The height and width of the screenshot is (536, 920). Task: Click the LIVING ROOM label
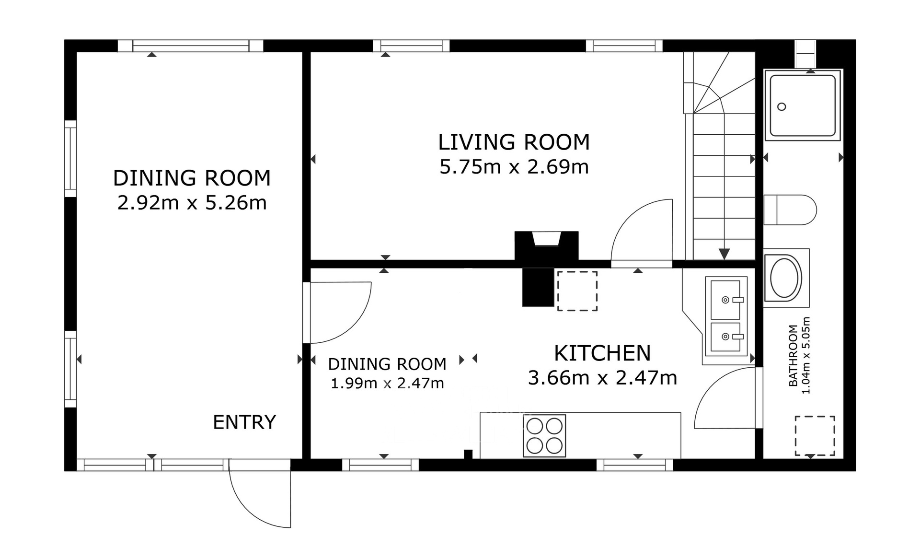pos(514,142)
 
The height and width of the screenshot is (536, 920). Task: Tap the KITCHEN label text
pos(602,353)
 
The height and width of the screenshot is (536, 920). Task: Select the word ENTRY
pos(244,422)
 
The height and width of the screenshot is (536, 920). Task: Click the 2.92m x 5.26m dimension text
pos(192,203)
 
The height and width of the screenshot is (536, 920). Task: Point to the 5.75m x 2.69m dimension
pos(514,167)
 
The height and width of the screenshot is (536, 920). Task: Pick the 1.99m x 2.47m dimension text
pos(387,384)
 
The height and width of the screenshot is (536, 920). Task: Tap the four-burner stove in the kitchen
pos(544,436)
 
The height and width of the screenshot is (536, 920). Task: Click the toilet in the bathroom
pos(790,210)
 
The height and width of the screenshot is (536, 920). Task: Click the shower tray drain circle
pos(782,107)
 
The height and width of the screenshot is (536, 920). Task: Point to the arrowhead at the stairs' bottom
pos(724,254)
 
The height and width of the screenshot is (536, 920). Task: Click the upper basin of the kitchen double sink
pos(725,300)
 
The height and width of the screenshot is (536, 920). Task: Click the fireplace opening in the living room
pos(547,238)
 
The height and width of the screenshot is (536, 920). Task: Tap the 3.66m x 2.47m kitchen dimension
pos(602,378)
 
